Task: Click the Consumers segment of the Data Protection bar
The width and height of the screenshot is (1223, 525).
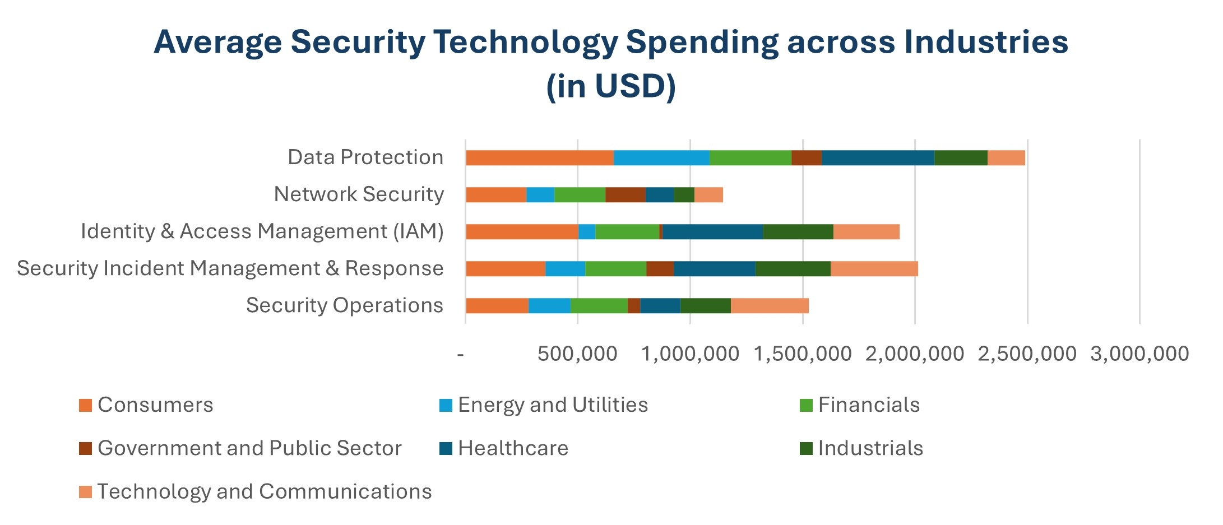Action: [540, 158]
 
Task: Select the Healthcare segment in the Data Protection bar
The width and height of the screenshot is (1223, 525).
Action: [878, 158]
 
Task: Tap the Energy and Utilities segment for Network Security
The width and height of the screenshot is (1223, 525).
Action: [540, 195]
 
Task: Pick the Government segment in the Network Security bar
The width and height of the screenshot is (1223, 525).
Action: [626, 195]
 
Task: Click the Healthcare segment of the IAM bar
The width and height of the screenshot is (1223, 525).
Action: [712, 232]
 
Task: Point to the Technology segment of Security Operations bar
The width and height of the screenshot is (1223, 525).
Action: [770, 306]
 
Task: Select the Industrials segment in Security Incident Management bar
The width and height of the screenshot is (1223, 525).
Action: [793, 269]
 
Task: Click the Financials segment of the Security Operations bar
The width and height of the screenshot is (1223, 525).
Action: [599, 306]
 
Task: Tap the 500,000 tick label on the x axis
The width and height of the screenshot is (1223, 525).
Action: [577, 354]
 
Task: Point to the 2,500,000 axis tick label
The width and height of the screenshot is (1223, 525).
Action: [1027, 354]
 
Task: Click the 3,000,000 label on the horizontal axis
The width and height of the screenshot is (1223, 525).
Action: [1139, 354]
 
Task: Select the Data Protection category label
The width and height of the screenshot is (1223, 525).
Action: [365, 157]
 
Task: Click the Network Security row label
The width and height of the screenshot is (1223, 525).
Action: [359, 194]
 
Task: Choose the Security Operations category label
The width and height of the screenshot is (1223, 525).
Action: [345, 305]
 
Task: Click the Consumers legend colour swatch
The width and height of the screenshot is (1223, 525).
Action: [85, 405]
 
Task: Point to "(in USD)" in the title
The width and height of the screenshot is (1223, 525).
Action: [611, 86]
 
